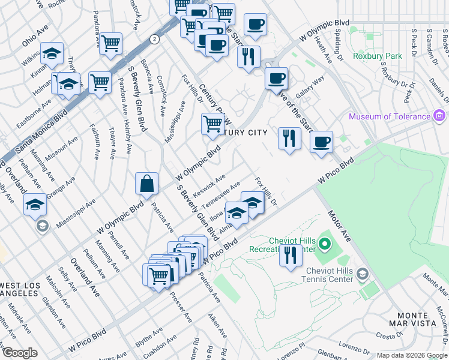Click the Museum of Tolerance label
tap(390, 116)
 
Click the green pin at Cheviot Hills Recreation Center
tap(325, 244)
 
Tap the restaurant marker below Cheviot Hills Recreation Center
tap(291, 256)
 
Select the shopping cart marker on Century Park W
tap(212, 125)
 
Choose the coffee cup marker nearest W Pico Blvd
tap(321, 143)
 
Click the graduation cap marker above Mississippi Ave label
tap(35, 205)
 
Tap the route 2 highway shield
tap(155, 39)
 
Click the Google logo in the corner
tap(20, 353)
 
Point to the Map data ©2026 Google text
tap(412, 355)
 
